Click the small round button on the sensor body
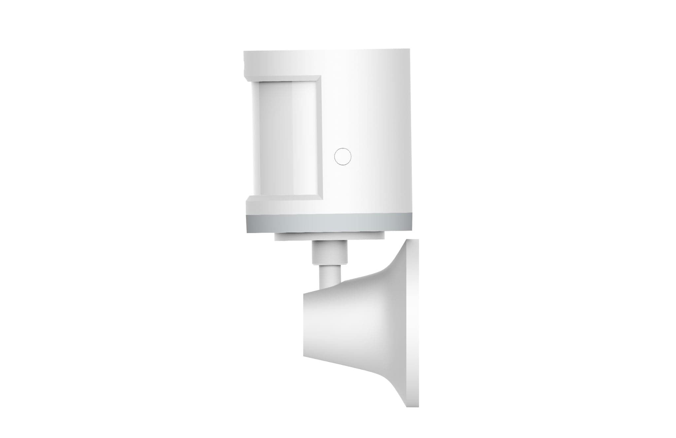click(342, 156)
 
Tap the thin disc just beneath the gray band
click(330, 236)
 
